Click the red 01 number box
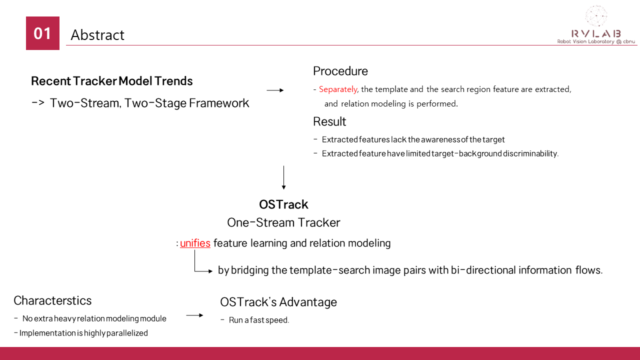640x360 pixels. point(42,33)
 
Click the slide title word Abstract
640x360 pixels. point(97,35)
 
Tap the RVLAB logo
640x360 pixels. point(596,25)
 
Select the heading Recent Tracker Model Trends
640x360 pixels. point(111,81)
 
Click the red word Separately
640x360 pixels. point(338,89)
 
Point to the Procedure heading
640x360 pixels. point(340,71)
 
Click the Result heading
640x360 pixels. point(329,121)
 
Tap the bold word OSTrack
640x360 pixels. point(283,204)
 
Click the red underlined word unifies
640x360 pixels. point(195,243)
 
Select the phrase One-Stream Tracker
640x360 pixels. point(283,222)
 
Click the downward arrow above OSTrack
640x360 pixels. point(283,177)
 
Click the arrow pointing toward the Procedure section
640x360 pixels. point(275,90)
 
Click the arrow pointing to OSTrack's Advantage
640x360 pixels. point(194,315)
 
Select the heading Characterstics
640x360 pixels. point(52,300)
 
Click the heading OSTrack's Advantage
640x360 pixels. point(278,302)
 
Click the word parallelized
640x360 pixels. point(127,333)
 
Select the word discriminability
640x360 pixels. point(530,153)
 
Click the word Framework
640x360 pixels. point(219,103)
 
